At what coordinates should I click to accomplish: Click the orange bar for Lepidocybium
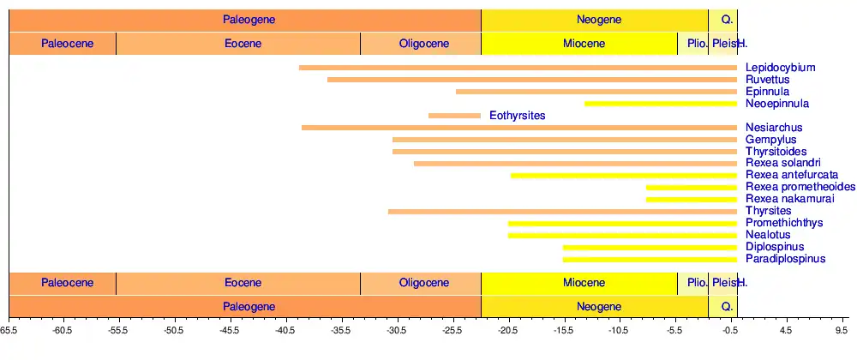point(518,68)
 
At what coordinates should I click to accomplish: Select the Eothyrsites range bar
point(454,116)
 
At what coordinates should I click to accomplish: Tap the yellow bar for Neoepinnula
point(661,104)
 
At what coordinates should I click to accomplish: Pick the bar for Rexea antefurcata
point(624,176)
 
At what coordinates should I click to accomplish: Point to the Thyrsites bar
point(562,211)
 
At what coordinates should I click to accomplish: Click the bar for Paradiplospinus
point(650,259)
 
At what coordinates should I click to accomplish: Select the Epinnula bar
point(596,92)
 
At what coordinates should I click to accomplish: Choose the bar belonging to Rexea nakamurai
point(692,199)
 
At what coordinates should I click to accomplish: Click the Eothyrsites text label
point(518,115)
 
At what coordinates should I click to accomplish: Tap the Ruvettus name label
point(767,80)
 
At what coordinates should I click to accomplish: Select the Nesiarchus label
point(774,128)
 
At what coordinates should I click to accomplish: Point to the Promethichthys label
point(784,223)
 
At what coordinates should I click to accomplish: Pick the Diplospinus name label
point(775,247)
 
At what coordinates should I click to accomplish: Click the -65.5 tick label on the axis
point(9,328)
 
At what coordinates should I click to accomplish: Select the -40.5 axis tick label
point(285,328)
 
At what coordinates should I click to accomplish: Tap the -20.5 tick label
point(507,328)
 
